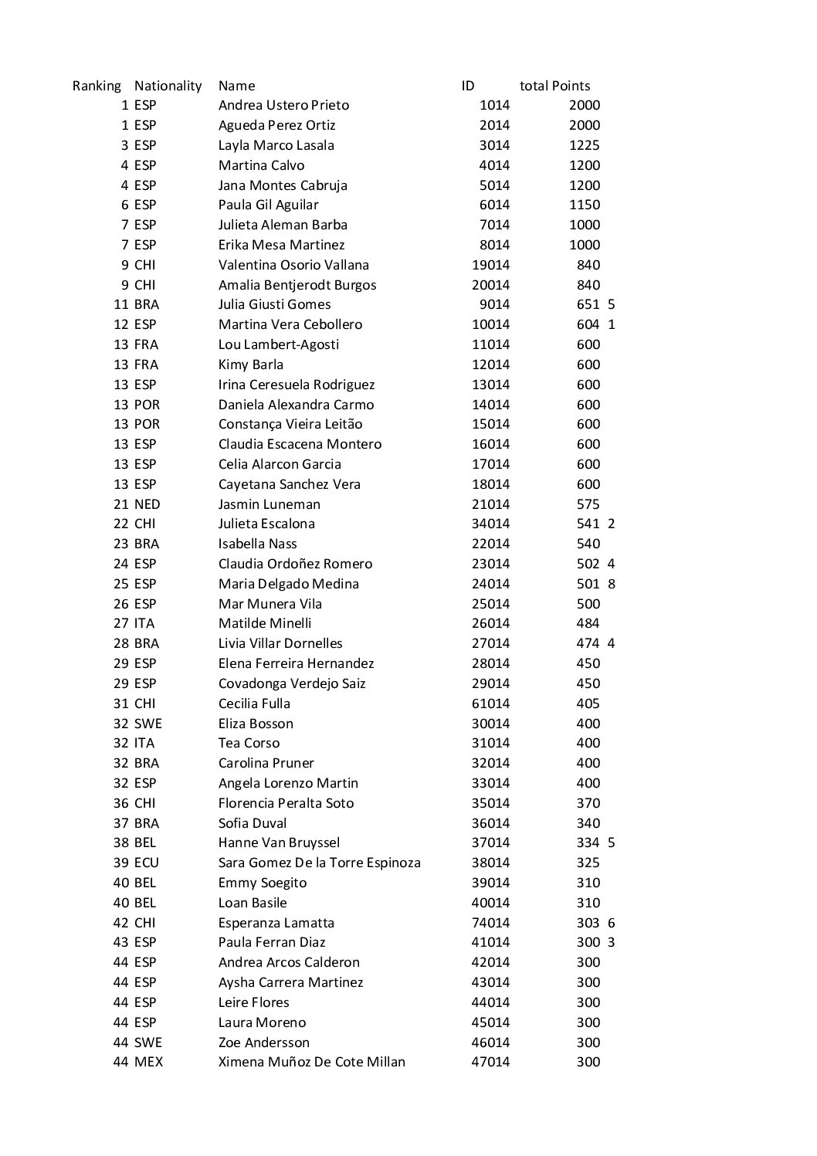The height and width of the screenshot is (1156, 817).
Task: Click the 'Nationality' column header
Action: (x=168, y=86)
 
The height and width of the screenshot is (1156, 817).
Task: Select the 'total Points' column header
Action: (x=554, y=86)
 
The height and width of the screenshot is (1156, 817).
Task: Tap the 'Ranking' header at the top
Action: (x=97, y=86)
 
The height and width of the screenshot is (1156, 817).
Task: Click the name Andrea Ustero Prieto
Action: (x=283, y=105)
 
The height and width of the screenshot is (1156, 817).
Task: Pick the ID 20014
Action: (x=490, y=285)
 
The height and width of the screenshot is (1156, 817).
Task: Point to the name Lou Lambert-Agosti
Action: (x=278, y=344)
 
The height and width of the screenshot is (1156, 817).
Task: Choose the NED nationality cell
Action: (x=147, y=504)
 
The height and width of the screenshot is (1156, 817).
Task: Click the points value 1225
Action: (x=584, y=145)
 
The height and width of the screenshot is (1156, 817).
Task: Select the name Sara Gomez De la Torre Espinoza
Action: (x=319, y=863)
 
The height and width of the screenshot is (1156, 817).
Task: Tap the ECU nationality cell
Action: (x=146, y=863)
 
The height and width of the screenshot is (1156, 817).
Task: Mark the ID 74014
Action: (x=490, y=923)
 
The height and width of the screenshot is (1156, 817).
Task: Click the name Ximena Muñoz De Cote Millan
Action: (x=311, y=1062)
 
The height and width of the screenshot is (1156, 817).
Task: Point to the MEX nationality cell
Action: (x=148, y=1062)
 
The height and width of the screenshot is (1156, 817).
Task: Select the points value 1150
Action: (x=584, y=205)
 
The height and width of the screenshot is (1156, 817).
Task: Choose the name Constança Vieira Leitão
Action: (x=290, y=424)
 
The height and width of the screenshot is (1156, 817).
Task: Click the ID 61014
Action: (x=490, y=703)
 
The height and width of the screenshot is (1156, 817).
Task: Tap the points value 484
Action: (x=588, y=623)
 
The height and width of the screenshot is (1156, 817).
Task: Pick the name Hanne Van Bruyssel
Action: (x=279, y=842)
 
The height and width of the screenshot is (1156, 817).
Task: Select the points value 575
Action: (x=588, y=504)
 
